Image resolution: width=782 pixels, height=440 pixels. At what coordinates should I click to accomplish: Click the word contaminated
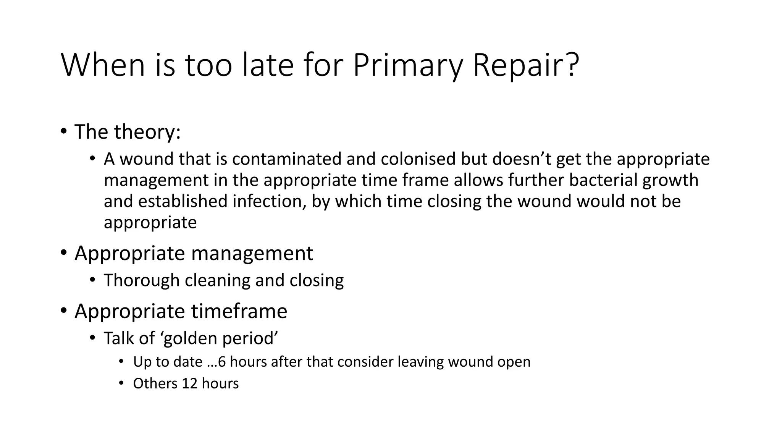286,159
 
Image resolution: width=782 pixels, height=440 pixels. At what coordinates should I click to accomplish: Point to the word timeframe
239,311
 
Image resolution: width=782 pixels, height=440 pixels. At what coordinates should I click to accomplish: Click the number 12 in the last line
189,383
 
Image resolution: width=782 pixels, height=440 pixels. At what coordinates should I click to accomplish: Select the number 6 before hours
222,362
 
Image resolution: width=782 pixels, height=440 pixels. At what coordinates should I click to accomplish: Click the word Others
155,383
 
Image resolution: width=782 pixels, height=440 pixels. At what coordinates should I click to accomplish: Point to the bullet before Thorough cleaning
92,280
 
